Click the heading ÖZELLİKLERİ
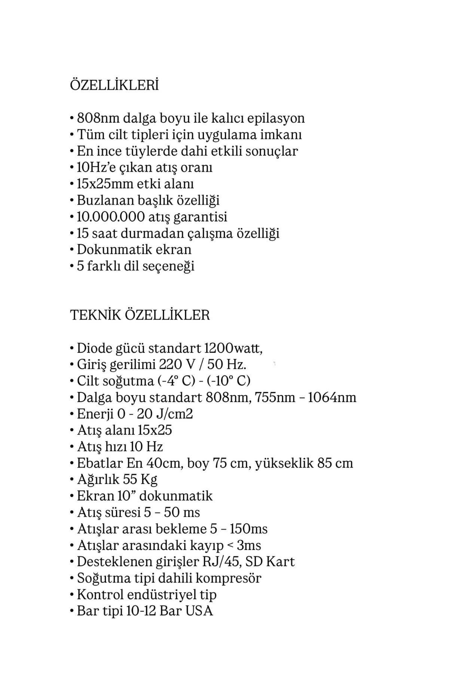(x=114, y=85)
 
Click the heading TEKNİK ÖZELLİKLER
(x=140, y=315)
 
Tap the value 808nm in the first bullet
(x=94, y=118)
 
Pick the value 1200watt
(x=233, y=348)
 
